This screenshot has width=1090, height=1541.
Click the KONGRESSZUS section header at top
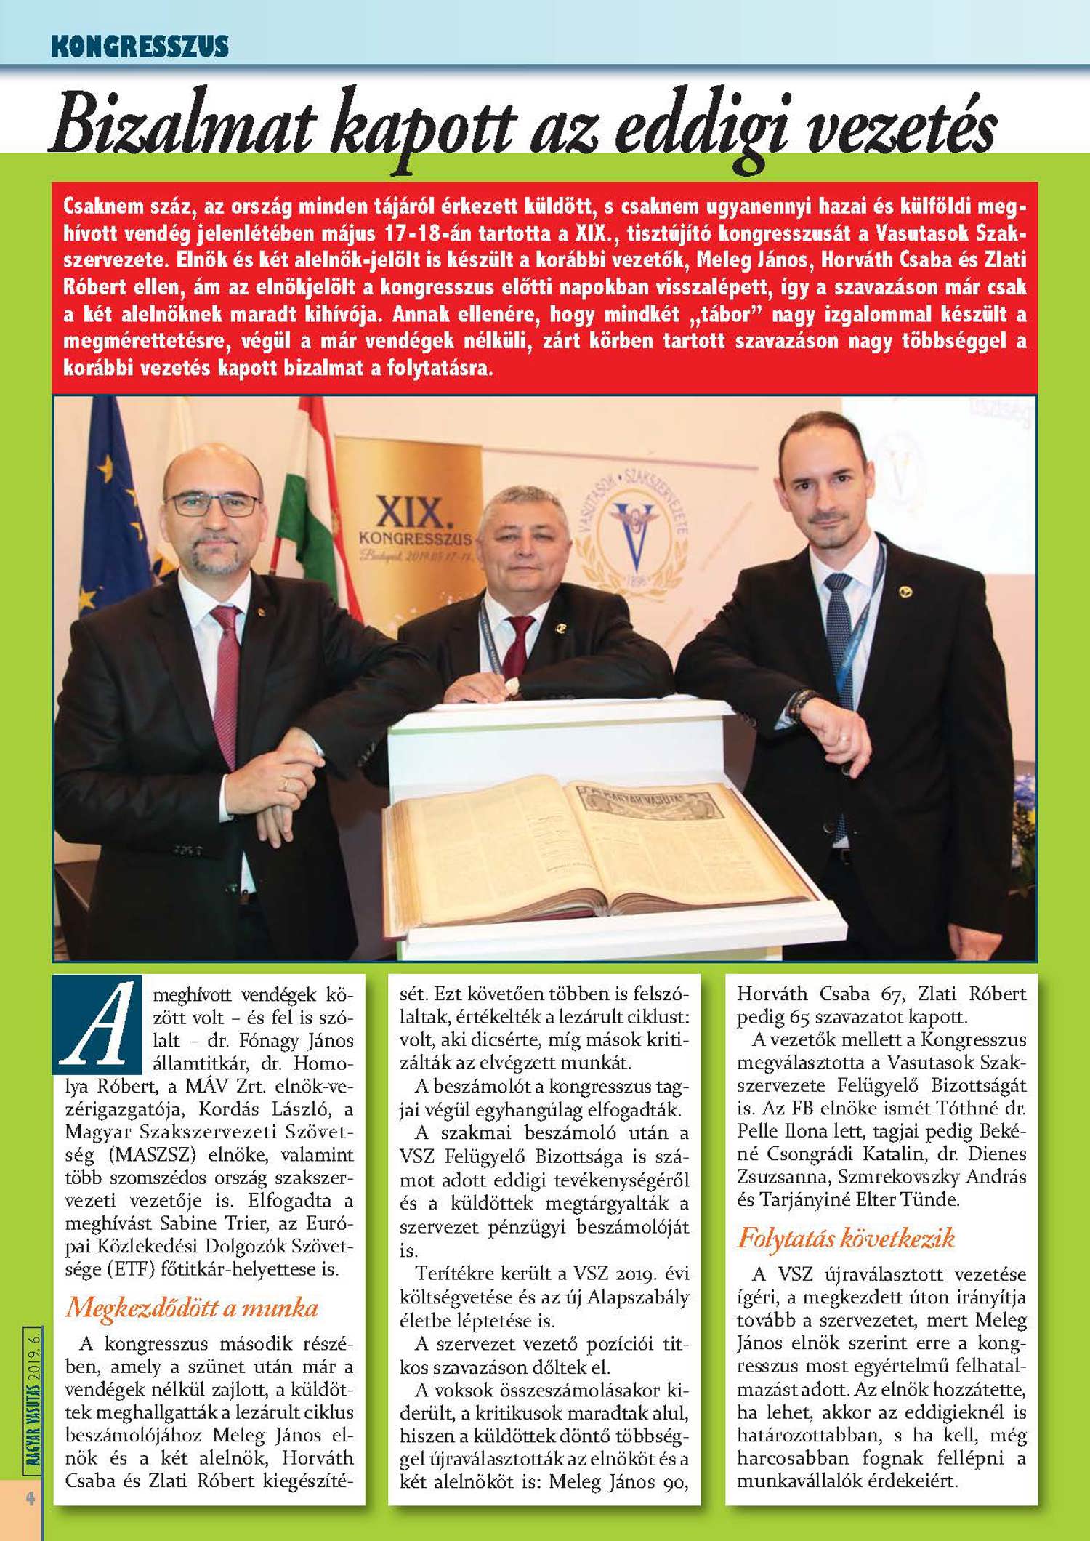pyautogui.click(x=140, y=46)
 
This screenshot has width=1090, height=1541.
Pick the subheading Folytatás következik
pyautogui.click(x=846, y=1237)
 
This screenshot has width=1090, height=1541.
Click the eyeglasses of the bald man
pyautogui.click(x=213, y=503)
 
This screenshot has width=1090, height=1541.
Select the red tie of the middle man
pyautogui.click(x=518, y=643)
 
